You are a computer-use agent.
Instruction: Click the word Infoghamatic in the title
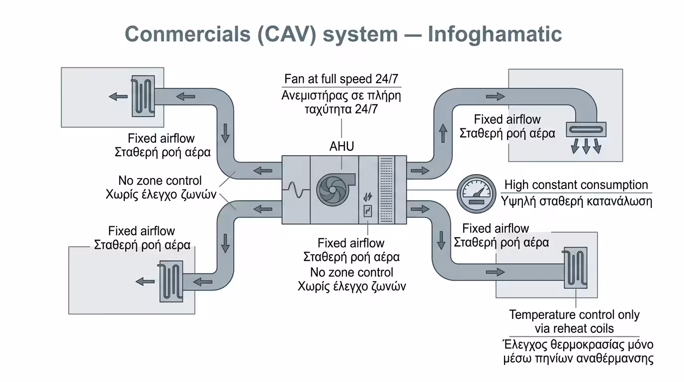495,34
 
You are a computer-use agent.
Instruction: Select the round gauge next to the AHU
476,193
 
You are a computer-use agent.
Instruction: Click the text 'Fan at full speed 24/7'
342,79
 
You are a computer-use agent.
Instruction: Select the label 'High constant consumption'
576,185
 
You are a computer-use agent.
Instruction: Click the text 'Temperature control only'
574,315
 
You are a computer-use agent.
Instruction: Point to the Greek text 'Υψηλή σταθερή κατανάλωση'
576,201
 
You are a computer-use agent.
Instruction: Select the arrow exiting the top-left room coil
118,96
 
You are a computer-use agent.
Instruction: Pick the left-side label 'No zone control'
160,181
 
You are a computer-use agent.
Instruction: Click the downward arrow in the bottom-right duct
441,240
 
